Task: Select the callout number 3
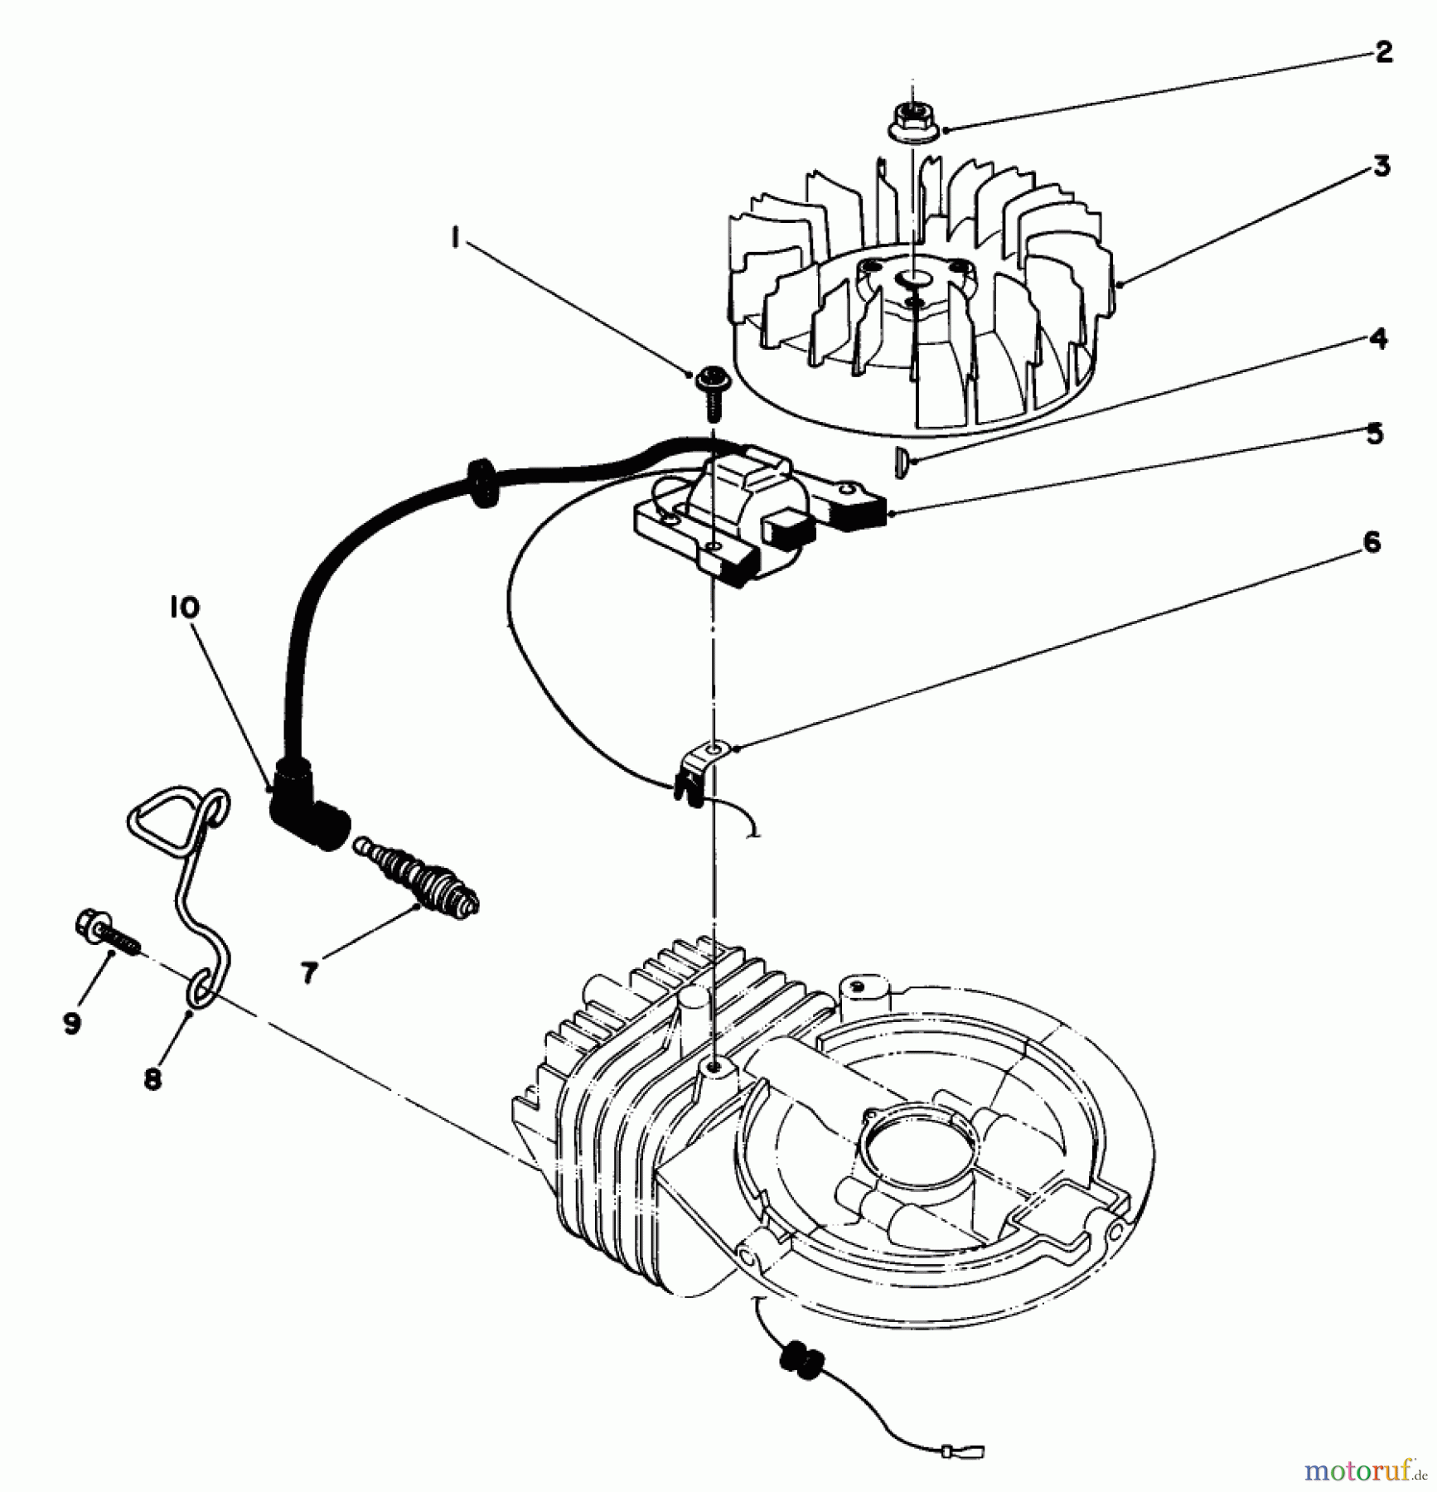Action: coord(1381,167)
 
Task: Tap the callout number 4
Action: coord(1378,339)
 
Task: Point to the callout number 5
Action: coord(1375,434)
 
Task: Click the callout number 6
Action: coord(1372,544)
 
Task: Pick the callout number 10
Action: coord(184,608)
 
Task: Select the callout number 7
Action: coord(308,972)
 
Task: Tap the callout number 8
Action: coord(152,1080)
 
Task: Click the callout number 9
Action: coord(72,1024)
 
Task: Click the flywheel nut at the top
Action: coord(912,122)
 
